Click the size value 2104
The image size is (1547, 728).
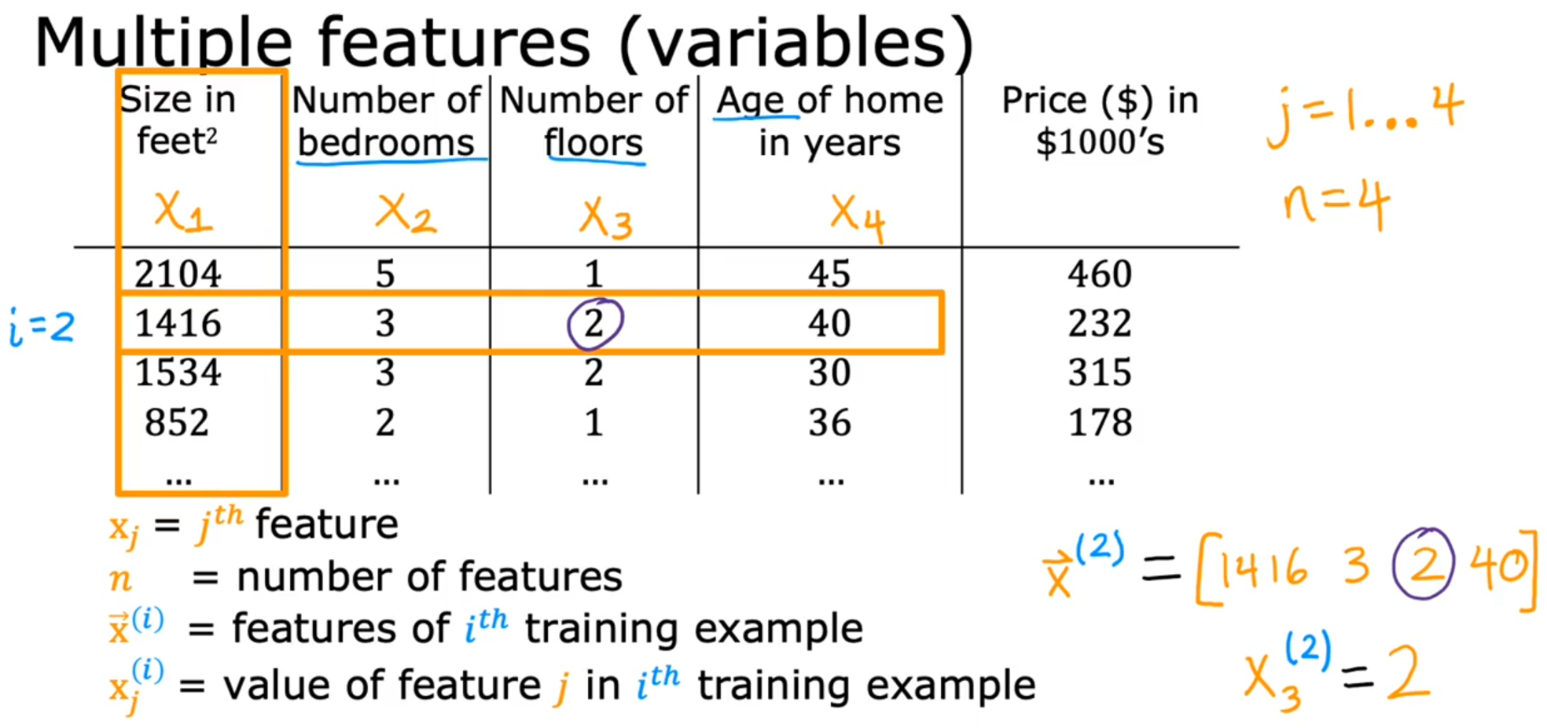click(178, 274)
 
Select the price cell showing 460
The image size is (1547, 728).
click(1099, 274)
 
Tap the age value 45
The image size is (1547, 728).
click(829, 274)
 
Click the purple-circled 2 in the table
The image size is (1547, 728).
click(594, 323)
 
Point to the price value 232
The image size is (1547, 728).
click(1099, 323)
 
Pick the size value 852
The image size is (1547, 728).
click(177, 422)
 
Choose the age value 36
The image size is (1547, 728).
click(829, 422)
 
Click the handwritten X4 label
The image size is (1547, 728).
click(858, 218)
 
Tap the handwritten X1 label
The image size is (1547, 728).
click(182, 211)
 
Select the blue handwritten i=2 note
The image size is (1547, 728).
click(42, 327)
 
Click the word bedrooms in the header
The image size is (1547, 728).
click(386, 142)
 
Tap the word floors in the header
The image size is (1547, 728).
click(593, 142)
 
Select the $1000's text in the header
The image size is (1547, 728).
click(1100, 142)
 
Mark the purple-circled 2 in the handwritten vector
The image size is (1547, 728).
click(1424, 563)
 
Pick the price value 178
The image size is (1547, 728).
click(1099, 422)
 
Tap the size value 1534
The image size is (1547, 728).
click(178, 372)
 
